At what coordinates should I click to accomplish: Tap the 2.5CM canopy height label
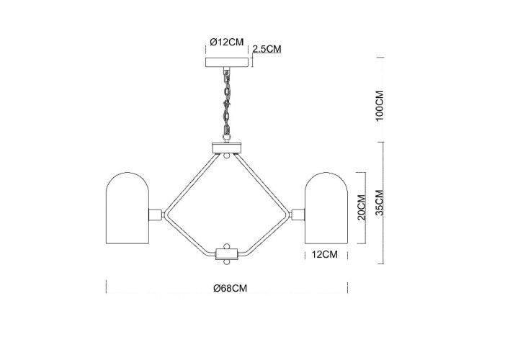pos(266,49)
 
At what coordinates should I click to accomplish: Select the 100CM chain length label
pos(382,105)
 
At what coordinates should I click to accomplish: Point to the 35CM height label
pos(382,203)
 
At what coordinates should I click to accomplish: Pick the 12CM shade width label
pos(325,253)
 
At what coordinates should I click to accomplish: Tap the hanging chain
pos(226,104)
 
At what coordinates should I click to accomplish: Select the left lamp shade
pos(127,210)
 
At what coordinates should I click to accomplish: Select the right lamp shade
pos(326,210)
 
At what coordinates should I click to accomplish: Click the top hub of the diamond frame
pos(226,148)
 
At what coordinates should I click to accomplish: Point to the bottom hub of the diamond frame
pos(226,253)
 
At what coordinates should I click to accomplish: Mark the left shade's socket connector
pos(155,214)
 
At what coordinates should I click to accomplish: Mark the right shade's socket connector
pos(298,214)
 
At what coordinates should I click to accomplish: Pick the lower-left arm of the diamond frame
pos(189,235)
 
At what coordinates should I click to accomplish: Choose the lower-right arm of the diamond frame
pos(264,235)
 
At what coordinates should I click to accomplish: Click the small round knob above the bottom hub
pos(226,245)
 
